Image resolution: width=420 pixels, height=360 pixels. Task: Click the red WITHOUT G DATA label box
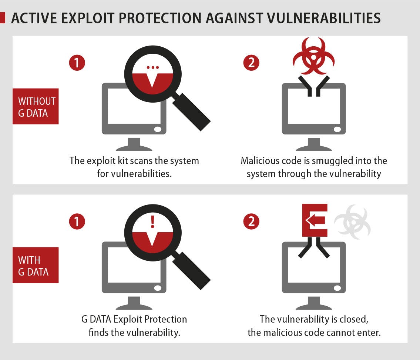(36, 106)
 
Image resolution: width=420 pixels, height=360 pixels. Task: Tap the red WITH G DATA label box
(36, 265)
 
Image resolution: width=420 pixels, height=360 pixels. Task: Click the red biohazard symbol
(314, 56)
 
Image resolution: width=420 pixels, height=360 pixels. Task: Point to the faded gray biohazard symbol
(353, 222)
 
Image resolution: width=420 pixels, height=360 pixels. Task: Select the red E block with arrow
(315, 220)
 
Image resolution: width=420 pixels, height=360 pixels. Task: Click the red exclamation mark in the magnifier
(153, 222)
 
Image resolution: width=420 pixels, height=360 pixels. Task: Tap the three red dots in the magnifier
(153, 67)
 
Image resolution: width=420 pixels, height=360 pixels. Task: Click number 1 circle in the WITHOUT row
(77, 63)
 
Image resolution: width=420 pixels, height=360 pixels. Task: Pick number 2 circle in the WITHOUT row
(251, 63)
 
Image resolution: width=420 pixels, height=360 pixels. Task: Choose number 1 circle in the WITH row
(77, 222)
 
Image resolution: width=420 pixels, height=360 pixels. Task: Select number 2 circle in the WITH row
(251, 222)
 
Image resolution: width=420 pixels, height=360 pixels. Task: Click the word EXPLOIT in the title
(88, 18)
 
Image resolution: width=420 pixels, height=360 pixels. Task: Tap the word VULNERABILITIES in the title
(324, 18)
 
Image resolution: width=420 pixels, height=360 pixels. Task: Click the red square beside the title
(3, 18)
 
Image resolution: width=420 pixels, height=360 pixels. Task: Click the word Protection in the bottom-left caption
(165, 319)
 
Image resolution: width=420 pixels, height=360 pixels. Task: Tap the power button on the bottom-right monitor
(337, 288)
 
